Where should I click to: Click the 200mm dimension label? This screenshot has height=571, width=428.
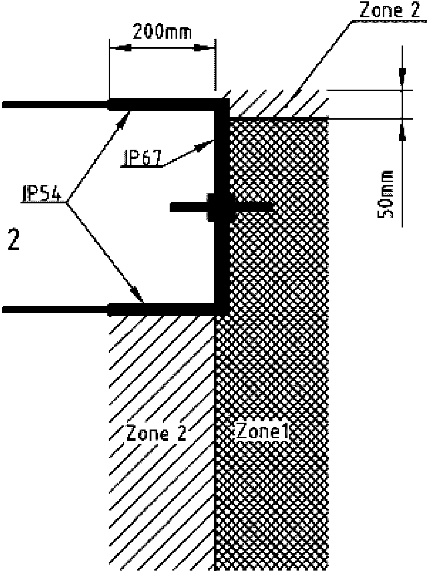coord(161,32)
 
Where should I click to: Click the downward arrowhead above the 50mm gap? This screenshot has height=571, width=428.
coord(403,77)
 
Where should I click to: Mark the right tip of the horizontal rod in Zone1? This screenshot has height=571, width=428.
coord(272,207)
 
